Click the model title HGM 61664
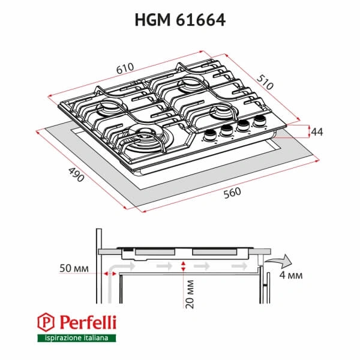click(179, 20)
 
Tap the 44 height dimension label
click(317, 132)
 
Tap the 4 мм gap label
click(290, 275)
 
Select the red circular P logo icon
click(46, 322)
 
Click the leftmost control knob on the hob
click(211, 135)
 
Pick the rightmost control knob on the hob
click(260, 122)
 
